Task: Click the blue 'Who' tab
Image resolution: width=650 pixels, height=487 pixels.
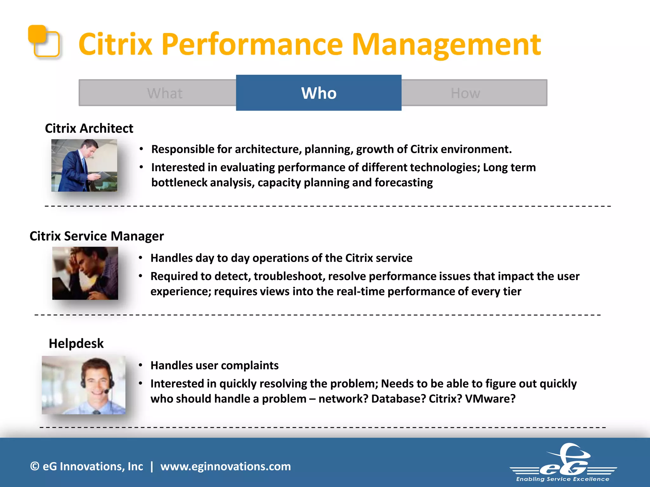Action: coord(319,93)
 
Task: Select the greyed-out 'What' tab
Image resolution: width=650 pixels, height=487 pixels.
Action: coord(164,93)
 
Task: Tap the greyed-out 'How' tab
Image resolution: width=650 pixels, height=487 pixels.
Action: coord(465,93)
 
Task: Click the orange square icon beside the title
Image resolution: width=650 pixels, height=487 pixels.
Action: coord(44,41)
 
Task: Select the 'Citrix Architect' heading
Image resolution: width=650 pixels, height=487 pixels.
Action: coord(89,128)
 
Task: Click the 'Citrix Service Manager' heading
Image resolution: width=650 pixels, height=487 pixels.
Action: coord(96,236)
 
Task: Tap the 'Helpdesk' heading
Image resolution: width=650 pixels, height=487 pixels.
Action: coord(76,343)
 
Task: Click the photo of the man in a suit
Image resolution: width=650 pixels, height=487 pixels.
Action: coord(84,165)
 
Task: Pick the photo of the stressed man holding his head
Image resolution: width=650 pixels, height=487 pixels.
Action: coord(85,273)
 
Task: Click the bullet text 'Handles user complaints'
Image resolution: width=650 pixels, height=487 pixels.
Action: coord(214,366)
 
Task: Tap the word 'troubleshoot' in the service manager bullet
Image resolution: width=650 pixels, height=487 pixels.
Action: coord(289,276)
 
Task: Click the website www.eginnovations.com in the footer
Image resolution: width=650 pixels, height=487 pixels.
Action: coord(225,466)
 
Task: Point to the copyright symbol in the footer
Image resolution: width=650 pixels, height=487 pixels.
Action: coord(35,466)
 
